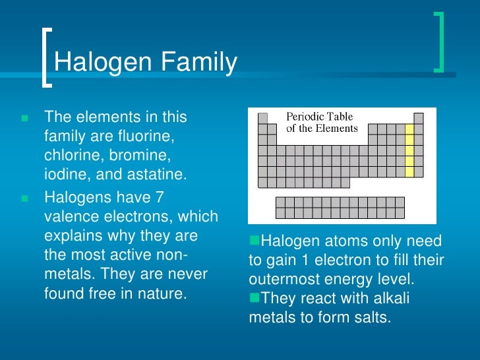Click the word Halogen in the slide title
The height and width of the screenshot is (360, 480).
(x=97, y=63)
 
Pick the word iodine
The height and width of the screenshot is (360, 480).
(x=65, y=175)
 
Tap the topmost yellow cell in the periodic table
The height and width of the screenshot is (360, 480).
(x=409, y=129)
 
